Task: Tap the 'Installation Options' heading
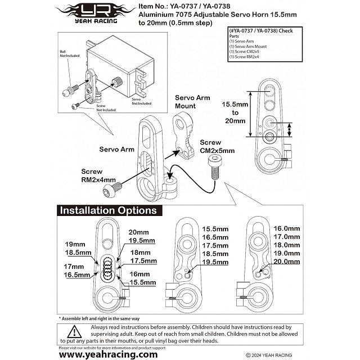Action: pos(109,211)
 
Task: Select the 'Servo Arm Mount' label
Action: pos(192,101)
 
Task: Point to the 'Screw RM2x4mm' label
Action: pos(98,175)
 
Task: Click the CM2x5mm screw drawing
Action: pos(213,168)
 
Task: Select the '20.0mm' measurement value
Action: pos(286,262)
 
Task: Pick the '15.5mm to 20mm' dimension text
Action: pos(235,112)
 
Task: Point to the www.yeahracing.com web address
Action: pos(109,354)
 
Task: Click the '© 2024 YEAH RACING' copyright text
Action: pos(269,355)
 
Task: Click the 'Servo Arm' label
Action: pos(117,150)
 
